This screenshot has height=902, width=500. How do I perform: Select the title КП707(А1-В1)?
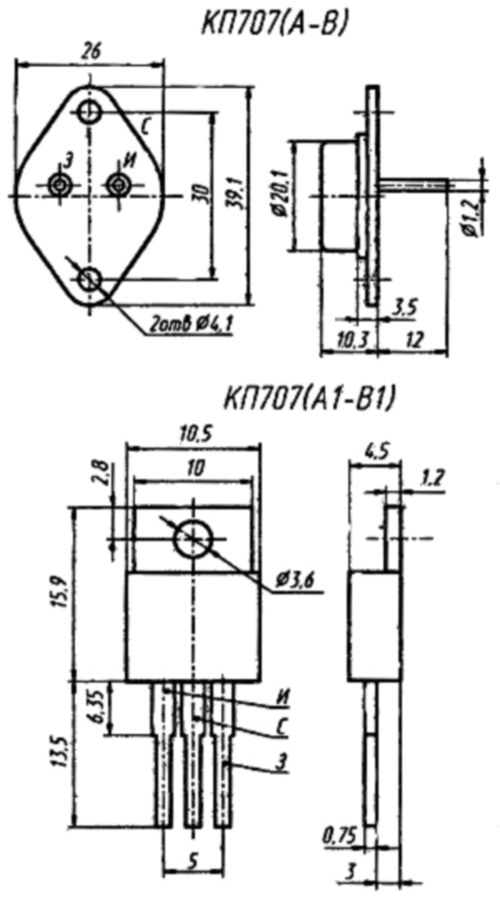pos(310,398)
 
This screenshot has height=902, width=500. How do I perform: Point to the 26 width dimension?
pos(90,51)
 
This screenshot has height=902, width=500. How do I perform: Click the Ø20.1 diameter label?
pos(280,196)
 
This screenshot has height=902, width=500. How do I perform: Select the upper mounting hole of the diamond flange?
pos(89,111)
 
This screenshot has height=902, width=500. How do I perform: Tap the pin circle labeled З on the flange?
pos(59,185)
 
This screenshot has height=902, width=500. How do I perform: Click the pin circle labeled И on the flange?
pos(119,185)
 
